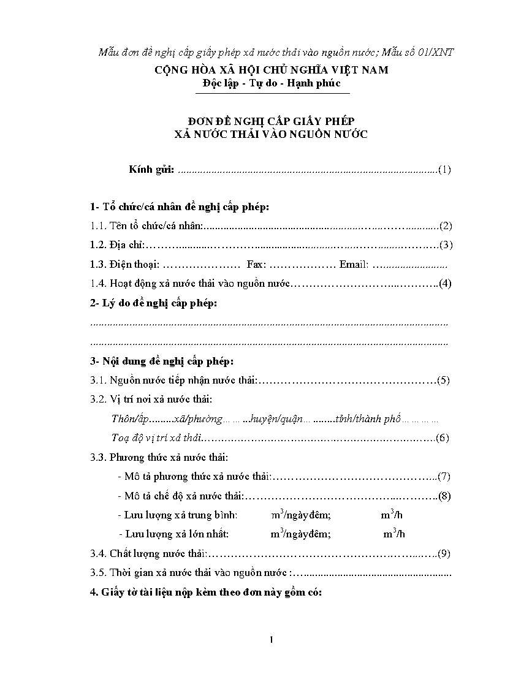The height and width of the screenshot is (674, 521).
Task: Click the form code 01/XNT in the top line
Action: point(433,52)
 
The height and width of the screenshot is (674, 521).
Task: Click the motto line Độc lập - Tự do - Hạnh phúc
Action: point(272,83)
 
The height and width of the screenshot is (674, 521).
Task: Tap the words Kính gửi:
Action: point(151,170)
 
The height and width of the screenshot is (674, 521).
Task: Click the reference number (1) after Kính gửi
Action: point(445,170)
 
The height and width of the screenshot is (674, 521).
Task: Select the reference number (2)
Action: point(446,226)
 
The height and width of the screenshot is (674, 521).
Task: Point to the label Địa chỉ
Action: point(126,245)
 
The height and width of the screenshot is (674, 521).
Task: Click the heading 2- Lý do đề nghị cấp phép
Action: point(153,303)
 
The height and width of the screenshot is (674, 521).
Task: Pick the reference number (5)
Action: point(444,380)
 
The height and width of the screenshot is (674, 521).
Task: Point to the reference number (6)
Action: point(443,437)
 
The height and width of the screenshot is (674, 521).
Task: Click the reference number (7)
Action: point(444,476)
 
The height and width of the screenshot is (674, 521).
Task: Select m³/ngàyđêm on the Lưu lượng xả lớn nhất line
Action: point(301,534)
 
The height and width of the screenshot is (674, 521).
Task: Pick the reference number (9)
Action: point(444,554)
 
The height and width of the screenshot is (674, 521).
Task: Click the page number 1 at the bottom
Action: point(271,640)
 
